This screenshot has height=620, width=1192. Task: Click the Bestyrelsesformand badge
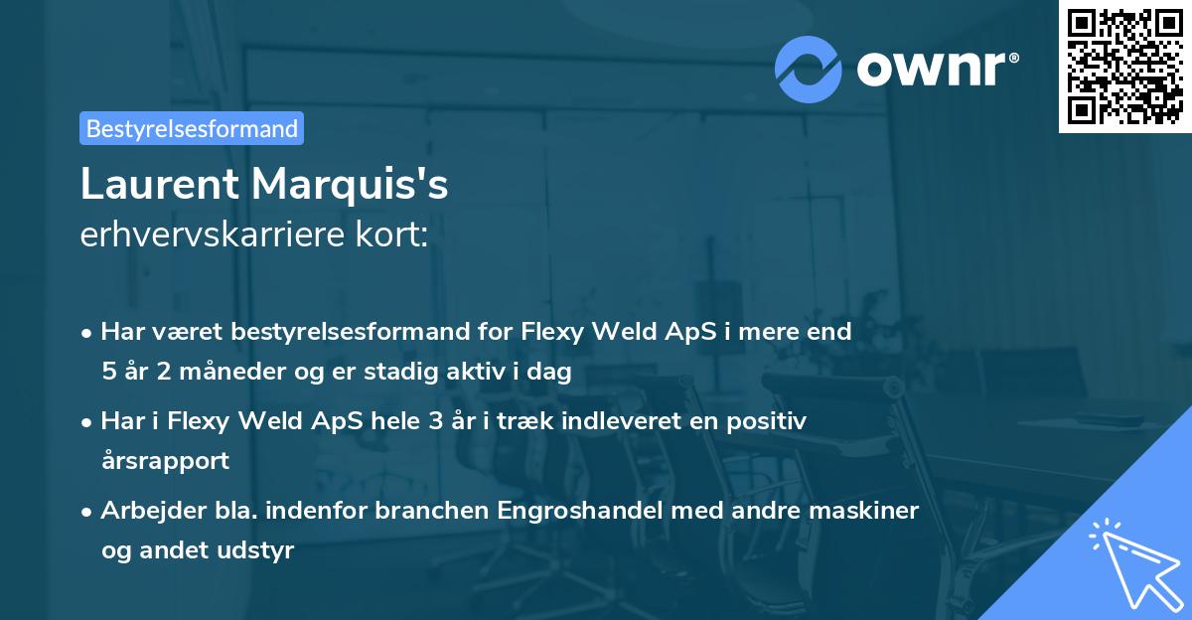click(x=192, y=128)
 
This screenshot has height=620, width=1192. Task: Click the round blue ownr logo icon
click(x=809, y=69)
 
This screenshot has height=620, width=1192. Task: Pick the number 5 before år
click(x=107, y=373)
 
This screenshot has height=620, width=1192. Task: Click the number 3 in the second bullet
click(x=435, y=421)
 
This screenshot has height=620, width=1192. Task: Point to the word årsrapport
click(x=165, y=461)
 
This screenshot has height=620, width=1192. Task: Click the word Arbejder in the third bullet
click(x=145, y=511)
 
